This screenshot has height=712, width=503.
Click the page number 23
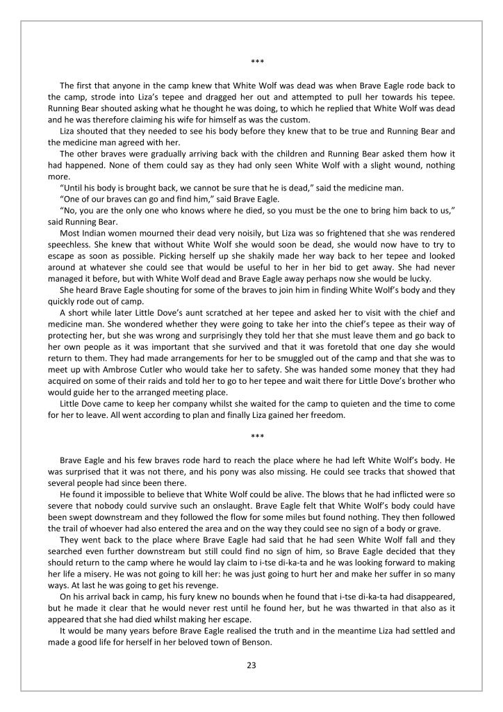click(251, 665)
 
